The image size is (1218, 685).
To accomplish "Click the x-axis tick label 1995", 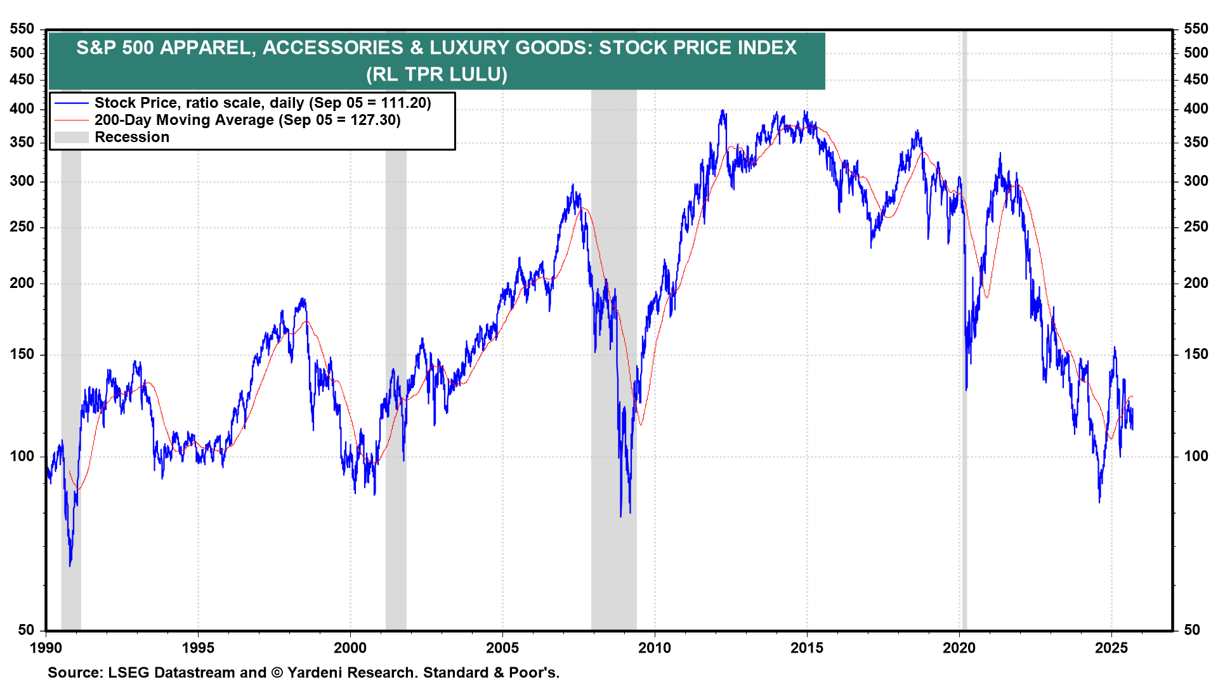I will pos(198,648).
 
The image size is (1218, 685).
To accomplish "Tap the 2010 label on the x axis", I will pos(655,648).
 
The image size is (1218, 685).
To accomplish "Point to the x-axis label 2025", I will pos(1111,648).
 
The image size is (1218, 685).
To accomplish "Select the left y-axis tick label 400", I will pos(22,109).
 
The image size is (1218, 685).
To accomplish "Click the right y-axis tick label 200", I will pos(1196,284).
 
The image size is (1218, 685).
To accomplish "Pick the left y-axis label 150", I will pos(22,355).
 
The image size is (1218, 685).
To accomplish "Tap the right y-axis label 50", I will pos(1192,630).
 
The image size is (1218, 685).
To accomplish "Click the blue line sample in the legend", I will pos(71,103).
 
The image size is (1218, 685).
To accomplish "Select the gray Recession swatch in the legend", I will pos(71,138).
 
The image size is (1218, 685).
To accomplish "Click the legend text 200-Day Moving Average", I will pos(184,121).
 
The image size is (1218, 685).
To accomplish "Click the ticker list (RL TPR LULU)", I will pos(437,75).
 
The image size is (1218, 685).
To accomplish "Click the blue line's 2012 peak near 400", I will pos(723,112).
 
